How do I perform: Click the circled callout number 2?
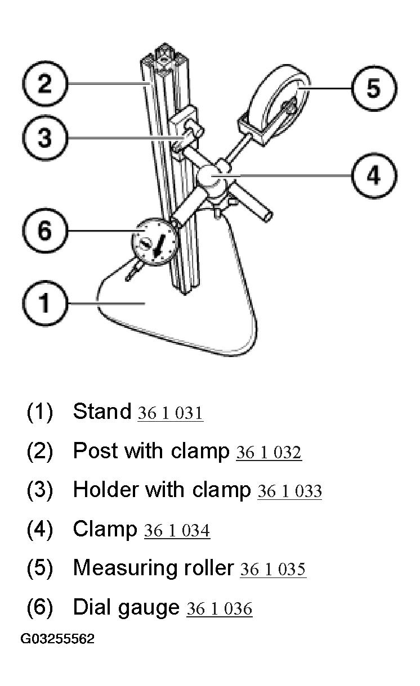click(45, 83)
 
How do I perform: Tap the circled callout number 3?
click(45, 138)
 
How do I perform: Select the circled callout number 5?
click(374, 88)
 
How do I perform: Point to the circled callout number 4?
click(374, 176)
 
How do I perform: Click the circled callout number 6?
click(45, 231)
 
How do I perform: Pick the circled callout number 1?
click(45, 303)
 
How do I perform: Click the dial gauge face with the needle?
click(154, 242)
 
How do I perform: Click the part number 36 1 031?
click(171, 413)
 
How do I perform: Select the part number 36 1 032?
click(269, 452)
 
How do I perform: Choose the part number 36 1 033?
click(290, 491)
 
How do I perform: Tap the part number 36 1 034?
click(177, 530)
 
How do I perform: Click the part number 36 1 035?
click(273, 569)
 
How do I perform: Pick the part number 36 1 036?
click(220, 608)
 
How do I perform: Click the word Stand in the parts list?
click(102, 411)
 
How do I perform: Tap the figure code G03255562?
click(57, 639)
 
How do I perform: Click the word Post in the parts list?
click(96, 450)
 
